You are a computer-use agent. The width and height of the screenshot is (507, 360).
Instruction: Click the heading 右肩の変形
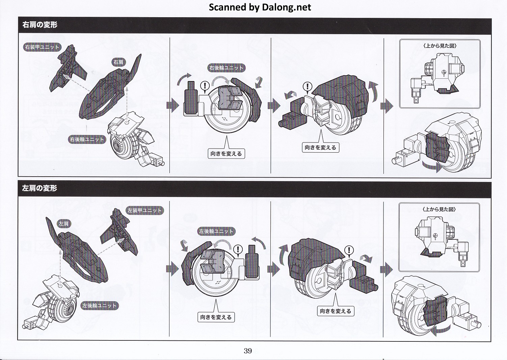click(40, 25)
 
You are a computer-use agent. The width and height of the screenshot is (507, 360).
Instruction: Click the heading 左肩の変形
click(40, 188)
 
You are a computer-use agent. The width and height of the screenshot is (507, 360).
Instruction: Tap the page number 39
click(248, 351)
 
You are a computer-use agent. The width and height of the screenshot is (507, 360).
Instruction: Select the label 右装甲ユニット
click(42, 47)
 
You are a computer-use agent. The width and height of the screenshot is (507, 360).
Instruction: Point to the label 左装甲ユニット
click(144, 210)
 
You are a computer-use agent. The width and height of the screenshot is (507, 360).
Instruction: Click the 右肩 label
click(118, 62)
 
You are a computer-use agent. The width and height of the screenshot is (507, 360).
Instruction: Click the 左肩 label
click(63, 224)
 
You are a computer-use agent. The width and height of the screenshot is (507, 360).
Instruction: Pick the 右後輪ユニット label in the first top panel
click(87, 139)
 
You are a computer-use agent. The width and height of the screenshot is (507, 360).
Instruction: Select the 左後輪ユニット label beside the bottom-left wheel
click(100, 306)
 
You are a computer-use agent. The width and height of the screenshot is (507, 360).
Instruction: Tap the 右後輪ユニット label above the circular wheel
click(226, 68)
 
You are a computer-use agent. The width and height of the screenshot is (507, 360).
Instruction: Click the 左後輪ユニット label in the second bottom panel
click(216, 231)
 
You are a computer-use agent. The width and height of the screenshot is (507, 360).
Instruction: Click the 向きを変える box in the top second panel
click(226, 154)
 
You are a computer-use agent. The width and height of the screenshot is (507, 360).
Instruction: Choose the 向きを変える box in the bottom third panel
click(335, 311)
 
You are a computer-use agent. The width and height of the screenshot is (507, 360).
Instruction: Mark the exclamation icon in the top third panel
click(308, 86)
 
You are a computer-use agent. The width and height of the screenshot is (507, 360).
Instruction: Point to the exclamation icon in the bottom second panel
click(238, 250)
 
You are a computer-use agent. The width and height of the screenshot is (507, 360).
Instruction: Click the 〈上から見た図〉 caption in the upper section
click(440, 46)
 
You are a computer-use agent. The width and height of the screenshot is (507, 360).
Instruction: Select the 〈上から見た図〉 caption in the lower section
click(439, 209)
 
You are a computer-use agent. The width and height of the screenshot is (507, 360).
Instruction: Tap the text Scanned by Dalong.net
click(260, 7)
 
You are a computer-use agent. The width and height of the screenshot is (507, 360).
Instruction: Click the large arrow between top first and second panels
click(173, 106)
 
